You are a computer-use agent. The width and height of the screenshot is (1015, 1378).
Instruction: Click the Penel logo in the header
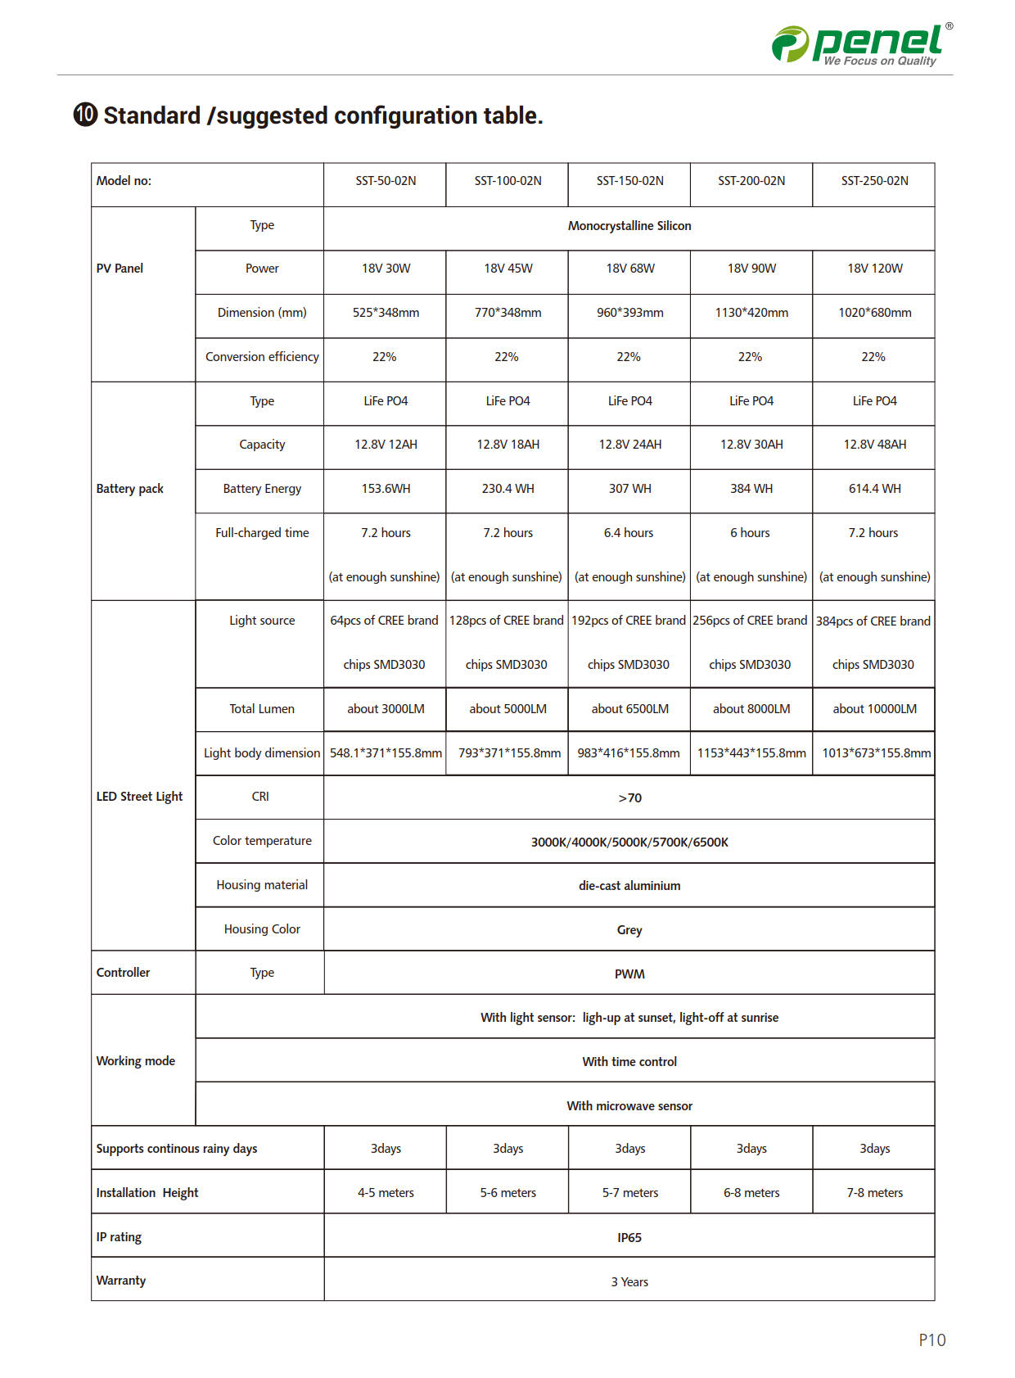(862, 44)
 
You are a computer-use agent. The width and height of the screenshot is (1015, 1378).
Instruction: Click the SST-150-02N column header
(629, 181)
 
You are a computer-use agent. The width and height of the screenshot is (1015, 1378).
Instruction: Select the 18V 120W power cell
(874, 269)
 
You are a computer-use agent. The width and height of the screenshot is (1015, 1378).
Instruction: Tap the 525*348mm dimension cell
(386, 313)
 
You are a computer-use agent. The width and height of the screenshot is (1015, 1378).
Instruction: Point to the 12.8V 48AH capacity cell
(874, 445)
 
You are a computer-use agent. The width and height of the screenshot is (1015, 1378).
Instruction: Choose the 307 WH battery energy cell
(629, 489)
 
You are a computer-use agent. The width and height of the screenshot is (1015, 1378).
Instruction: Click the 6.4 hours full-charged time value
(629, 533)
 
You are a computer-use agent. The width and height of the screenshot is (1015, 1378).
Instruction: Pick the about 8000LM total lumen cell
(751, 709)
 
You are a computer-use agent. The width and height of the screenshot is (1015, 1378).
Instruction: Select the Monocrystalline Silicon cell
(629, 226)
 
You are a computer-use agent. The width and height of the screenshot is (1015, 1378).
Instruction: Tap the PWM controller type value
(629, 974)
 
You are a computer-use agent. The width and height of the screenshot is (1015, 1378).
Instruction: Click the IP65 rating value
(629, 1237)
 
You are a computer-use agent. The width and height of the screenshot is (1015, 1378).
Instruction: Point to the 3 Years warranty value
(629, 1281)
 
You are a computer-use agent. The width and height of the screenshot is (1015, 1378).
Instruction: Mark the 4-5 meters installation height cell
(386, 1193)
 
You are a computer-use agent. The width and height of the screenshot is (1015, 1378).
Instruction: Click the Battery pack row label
(130, 489)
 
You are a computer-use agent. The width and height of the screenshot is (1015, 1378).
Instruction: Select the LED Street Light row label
(139, 797)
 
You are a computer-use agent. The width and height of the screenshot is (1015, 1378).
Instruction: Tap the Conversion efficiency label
(262, 357)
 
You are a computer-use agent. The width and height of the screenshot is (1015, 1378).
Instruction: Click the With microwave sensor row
(629, 1106)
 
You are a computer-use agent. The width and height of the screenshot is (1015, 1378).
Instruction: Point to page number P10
(932, 1340)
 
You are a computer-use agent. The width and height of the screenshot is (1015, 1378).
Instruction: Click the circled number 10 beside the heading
(86, 115)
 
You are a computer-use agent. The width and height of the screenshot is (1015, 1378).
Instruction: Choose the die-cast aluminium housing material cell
(629, 886)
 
